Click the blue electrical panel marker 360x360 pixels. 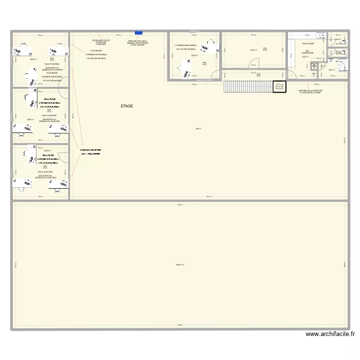(x=139, y=33)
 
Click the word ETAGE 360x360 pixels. (x=127, y=106)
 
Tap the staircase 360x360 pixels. (x=248, y=86)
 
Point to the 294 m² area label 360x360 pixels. (x=198, y=128)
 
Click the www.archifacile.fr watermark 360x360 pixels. (x=330, y=335)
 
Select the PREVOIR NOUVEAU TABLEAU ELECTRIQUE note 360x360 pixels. (x=138, y=43)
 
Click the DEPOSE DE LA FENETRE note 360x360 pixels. (x=310, y=91)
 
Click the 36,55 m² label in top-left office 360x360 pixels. (x=33, y=60)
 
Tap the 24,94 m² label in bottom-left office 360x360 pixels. (x=47, y=151)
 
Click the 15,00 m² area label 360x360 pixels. (x=253, y=50)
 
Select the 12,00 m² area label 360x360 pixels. (x=305, y=57)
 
